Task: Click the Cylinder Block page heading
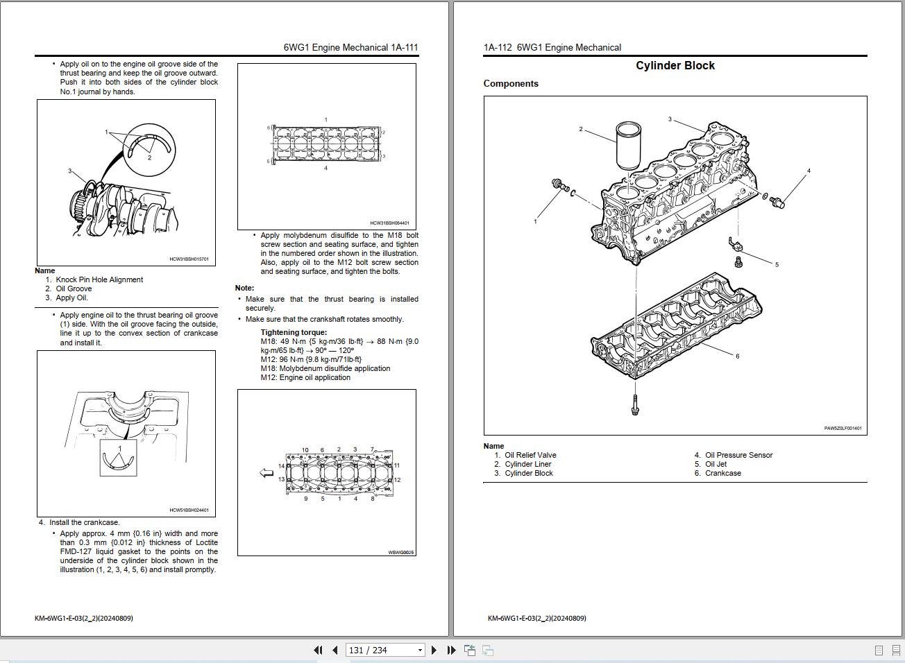[675, 66]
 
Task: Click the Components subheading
[511, 84]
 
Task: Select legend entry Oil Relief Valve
[530, 456]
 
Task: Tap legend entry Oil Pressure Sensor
[738, 456]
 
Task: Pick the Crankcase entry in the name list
[722, 474]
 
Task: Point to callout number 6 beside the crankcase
[737, 356]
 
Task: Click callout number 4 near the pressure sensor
[809, 171]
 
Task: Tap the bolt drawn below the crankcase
[634, 405]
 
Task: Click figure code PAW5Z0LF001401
[843, 429]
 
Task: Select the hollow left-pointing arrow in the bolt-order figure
[267, 473]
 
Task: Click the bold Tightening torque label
[294, 332]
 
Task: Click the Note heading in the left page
[244, 288]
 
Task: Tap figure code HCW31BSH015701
[189, 259]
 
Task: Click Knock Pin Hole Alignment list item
[99, 280]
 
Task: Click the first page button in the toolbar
[318, 650]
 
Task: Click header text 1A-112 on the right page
[497, 48]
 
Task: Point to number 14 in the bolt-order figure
[281, 466]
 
